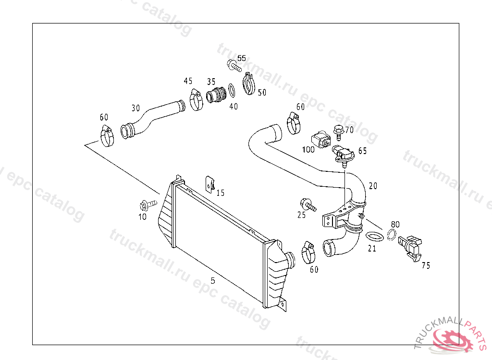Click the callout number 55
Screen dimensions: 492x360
pos(242,58)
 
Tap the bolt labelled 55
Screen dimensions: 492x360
pos(234,65)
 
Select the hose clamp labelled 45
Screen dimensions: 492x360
pos(196,99)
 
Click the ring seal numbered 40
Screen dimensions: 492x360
pos(232,90)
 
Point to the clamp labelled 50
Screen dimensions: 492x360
pos(249,83)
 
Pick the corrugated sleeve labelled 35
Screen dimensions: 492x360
pos(217,95)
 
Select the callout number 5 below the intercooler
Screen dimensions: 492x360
pos(213,281)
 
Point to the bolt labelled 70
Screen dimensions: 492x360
pos(338,130)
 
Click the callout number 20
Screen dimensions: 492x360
pos(373,186)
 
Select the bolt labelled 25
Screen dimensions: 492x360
pos(307,204)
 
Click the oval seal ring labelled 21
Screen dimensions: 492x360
pos(375,237)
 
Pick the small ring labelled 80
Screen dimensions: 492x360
pos(392,235)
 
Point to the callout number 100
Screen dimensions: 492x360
pos(308,150)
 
